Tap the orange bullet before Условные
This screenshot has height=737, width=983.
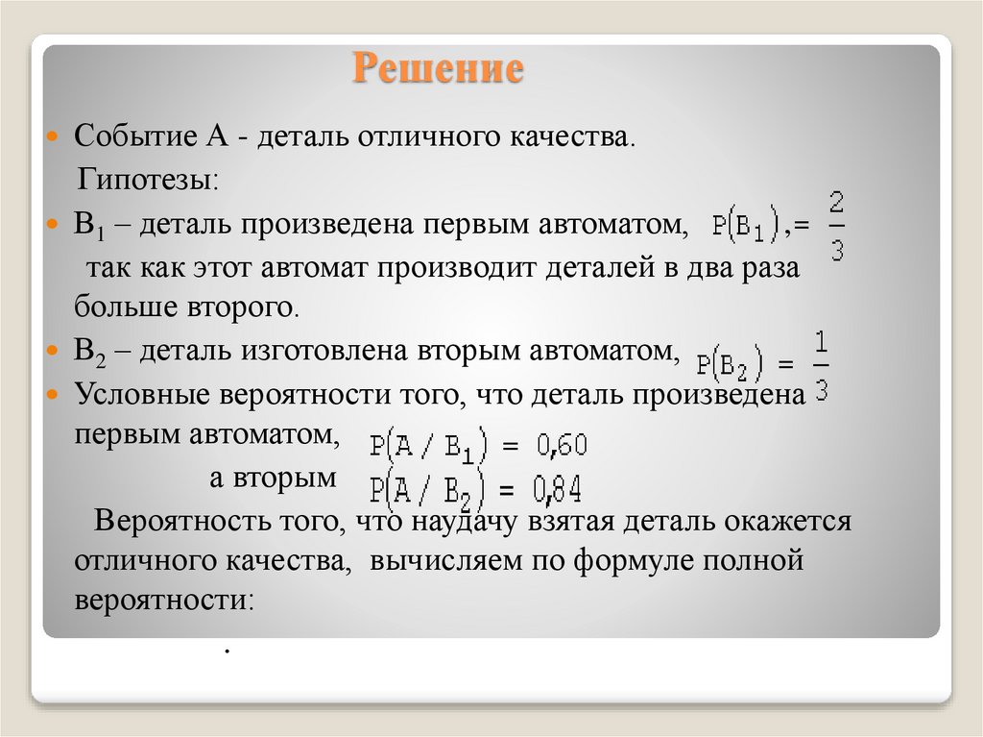coord(54,395)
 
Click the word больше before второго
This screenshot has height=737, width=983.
coord(120,307)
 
